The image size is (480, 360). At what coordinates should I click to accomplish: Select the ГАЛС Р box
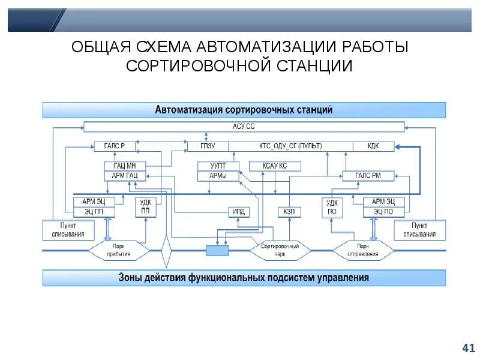pyautogui.click(x=114, y=146)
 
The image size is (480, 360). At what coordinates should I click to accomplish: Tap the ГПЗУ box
pyautogui.click(x=207, y=146)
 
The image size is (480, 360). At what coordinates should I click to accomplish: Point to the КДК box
pyautogui.click(x=373, y=146)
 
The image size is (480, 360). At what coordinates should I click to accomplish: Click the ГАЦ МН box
pyautogui.click(x=125, y=166)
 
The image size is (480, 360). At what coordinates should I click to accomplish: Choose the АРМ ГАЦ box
pyautogui.click(x=125, y=175)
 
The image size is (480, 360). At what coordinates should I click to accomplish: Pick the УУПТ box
pyautogui.click(x=218, y=166)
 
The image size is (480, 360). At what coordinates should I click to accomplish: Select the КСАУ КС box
pyautogui.click(x=266, y=166)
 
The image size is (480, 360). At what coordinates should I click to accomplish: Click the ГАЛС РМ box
pyautogui.click(x=368, y=175)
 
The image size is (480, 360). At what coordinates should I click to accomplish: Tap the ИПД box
pyautogui.click(x=238, y=211)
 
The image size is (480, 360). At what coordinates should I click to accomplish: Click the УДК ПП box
pyautogui.click(x=145, y=207)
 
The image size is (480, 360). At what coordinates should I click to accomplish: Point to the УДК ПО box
pyautogui.click(x=332, y=207)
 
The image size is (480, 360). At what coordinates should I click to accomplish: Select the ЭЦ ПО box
pyautogui.click(x=383, y=211)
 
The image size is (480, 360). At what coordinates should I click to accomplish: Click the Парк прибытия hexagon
pyautogui.click(x=118, y=250)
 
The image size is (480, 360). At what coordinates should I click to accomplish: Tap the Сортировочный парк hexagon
pyautogui.click(x=280, y=250)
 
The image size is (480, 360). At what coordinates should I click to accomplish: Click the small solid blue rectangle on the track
pyautogui.click(x=217, y=250)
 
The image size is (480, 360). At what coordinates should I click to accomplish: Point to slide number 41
pyautogui.click(x=468, y=347)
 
